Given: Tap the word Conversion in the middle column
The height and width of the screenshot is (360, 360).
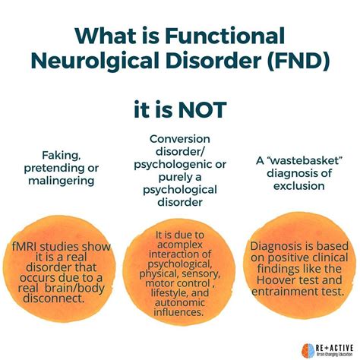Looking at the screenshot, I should point(180,139).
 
